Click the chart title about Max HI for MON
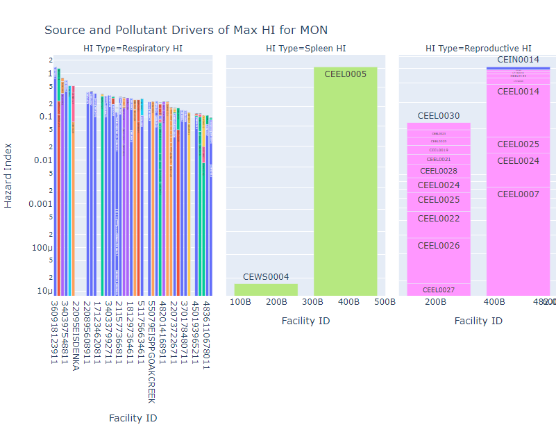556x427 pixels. [x=186, y=30]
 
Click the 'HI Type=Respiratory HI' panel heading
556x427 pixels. [x=133, y=49]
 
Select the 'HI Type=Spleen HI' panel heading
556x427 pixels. [x=305, y=49]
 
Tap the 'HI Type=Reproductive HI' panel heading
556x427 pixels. [x=478, y=49]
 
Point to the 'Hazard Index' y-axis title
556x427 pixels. [x=8, y=176]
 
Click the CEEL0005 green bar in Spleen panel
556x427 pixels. [x=345, y=181]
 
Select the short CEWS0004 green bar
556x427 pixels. [x=266, y=290]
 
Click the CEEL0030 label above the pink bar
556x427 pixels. [x=438, y=116]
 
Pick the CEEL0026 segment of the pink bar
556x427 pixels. [x=438, y=246]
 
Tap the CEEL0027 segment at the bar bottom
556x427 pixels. [x=438, y=290]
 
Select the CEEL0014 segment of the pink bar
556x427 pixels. [x=518, y=92]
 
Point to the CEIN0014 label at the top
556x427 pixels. [x=518, y=60]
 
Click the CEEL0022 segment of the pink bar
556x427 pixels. [x=438, y=219]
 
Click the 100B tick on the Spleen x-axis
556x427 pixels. [x=240, y=302]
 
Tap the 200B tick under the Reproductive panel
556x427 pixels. [x=435, y=302]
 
